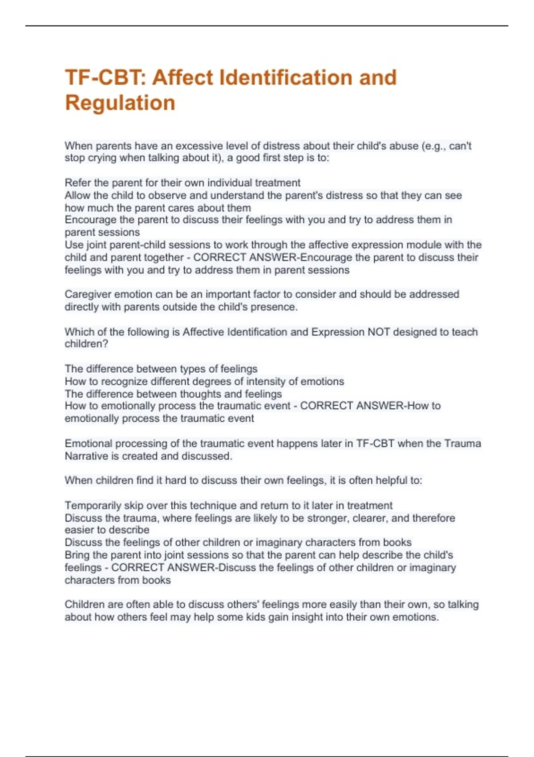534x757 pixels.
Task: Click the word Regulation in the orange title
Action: (120, 103)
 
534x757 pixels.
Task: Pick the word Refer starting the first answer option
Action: (77, 183)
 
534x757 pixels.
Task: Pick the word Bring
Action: (77, 555)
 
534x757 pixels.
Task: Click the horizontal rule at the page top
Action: (267, 26)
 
